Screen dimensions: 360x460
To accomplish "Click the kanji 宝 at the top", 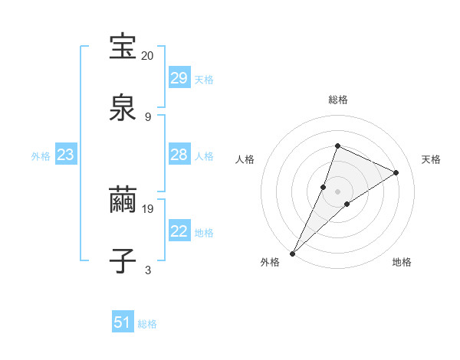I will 123,47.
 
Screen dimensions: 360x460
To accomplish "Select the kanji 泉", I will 123,107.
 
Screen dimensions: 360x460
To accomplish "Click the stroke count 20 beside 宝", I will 147,56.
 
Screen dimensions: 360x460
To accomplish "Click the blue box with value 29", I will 179,77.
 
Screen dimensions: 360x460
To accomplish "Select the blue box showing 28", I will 179,155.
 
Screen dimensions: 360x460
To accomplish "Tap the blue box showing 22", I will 179,231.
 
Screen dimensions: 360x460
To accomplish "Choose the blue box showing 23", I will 66,155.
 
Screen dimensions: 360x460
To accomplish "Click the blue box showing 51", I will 123,322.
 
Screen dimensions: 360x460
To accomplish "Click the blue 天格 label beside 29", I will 203,79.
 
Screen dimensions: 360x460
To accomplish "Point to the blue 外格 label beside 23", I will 41,156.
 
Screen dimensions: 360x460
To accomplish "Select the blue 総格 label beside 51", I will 147,324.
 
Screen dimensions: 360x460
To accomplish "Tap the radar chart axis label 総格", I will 337,100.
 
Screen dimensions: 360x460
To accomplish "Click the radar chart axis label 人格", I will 245,159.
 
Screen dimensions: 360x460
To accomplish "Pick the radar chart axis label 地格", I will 402,262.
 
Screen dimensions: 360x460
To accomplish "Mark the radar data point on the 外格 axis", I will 292,253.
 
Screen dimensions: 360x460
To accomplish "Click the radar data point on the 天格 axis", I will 396,172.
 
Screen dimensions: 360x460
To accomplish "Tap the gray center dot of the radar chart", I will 337,191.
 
